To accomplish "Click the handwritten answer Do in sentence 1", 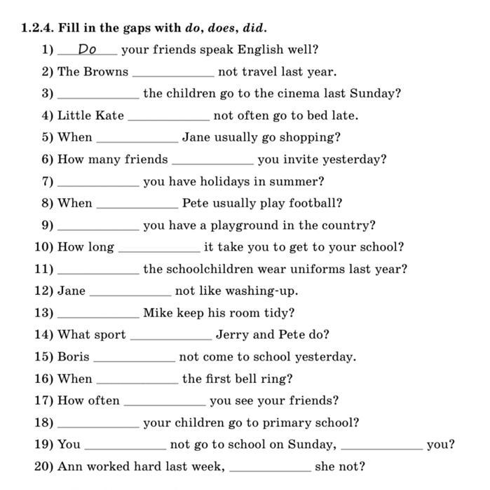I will click(87, 50).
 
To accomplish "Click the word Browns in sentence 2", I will click(106, 71).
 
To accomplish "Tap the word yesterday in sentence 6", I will click(355, 160).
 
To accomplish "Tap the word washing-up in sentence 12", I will click(263, 291).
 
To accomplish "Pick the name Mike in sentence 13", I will click(158, 313).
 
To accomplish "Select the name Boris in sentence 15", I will click(74, 357).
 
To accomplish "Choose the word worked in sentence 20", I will click(104, 466).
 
